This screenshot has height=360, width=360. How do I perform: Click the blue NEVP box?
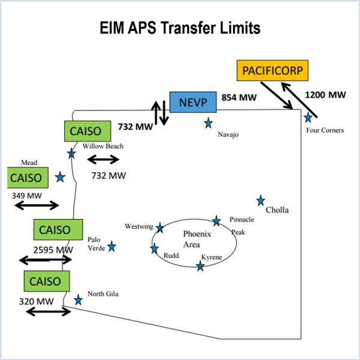[x=193, y=101]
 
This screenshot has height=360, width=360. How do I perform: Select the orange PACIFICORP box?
[x=272, y=71]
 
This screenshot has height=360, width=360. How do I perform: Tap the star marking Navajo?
[x=208, y=123]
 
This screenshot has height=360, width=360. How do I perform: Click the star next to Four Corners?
[x=308, y=117]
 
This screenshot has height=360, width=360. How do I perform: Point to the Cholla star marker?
[x=261, y=200]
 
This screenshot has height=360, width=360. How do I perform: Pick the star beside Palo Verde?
[x=112, y=246]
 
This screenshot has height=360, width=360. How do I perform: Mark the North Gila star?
[x=78, y=299]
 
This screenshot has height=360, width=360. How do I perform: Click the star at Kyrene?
[x=200, y=265]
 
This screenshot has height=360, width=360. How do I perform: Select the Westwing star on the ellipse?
[x=160, y=227]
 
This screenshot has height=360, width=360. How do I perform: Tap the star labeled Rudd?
[x=155, y=248]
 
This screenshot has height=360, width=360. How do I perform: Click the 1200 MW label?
[x=326, y=94]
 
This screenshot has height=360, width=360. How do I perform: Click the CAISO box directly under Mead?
[x=26, y=178]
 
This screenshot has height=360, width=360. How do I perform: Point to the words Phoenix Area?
[x=194, y=239]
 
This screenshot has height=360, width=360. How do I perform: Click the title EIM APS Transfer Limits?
[x=179, y=29]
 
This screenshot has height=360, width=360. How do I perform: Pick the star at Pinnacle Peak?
[x=217, y=221]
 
